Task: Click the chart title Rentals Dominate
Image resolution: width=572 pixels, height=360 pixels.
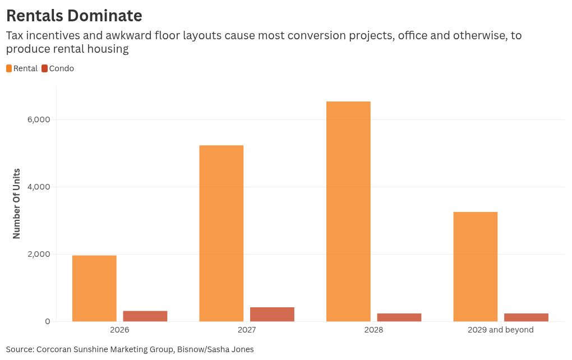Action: tap(74, 15)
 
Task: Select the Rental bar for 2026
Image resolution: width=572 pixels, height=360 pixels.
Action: tap(94, 288)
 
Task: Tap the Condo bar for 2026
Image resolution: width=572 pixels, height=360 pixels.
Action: tap(145, 316)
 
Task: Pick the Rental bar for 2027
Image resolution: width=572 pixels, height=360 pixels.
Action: tap(221, 233)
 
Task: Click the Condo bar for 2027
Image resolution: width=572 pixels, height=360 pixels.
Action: tap(272, 314)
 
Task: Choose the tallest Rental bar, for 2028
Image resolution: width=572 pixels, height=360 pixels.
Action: tap(348, 211)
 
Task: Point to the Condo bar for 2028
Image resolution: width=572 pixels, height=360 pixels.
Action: tap(399, 317)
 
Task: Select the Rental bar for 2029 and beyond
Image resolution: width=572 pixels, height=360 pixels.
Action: tap(475, 266)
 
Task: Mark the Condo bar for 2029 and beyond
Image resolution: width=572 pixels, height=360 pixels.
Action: tap(526, 317)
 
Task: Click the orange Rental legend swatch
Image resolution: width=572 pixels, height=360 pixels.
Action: tap(9, 68)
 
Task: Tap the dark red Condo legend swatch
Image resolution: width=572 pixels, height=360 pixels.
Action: tap(44, 68)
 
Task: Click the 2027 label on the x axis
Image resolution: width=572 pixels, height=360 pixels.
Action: tap(247, 330)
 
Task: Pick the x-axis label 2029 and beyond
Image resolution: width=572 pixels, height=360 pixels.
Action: tap(500, 330)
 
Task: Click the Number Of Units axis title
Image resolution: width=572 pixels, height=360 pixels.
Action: tap(17, 203)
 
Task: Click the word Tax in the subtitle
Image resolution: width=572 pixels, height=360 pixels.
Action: tap(14, 36)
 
